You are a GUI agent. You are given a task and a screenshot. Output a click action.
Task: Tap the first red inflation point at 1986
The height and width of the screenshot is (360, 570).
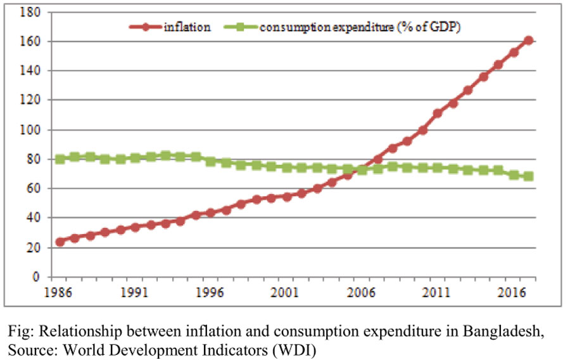(60, 241)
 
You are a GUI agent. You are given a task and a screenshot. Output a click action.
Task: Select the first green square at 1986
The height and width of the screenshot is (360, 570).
(60, 159)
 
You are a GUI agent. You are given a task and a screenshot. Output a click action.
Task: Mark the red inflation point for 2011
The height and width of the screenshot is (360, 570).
(438, 113)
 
